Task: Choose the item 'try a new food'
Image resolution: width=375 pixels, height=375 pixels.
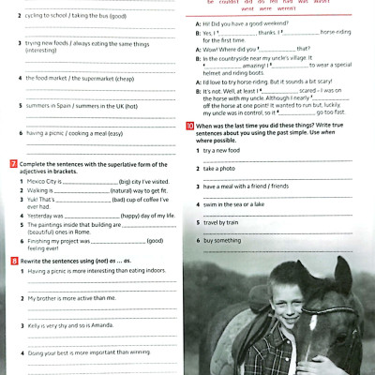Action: point(224,150)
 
